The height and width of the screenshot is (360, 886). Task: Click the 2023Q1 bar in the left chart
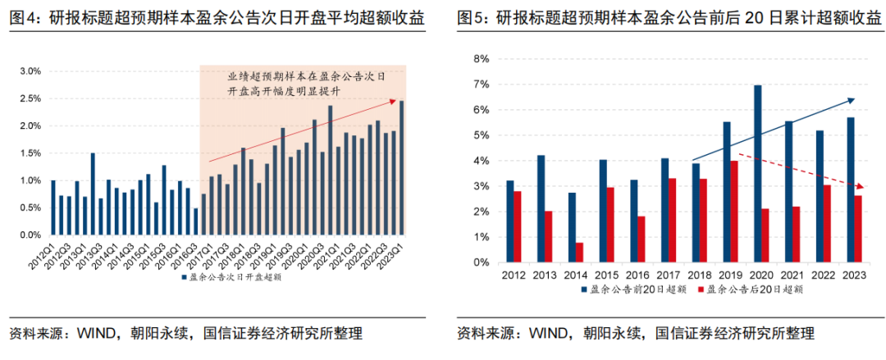(x=402, y=167)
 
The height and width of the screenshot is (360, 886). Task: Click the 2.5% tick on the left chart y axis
(x=30, y=98)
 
